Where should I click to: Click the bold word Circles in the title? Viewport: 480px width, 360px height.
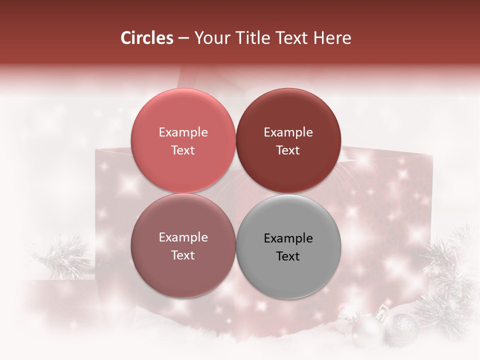(147, 38)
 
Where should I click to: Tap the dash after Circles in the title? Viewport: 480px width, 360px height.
(183, 38)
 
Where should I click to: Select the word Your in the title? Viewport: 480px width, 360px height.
(209, 38)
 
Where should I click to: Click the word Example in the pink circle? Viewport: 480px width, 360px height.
(183, 132)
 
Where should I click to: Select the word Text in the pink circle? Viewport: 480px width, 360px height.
(183, 150)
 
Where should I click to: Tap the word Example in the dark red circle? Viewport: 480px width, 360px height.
(288, 132)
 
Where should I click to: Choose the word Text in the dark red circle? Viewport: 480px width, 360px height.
(288, 150)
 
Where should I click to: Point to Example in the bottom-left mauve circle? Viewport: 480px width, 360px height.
(183, 237)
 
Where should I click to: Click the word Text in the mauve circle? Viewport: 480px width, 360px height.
(183, 255)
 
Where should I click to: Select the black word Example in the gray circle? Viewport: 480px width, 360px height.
(288, 238)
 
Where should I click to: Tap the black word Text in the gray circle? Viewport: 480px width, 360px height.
(288, 256)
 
